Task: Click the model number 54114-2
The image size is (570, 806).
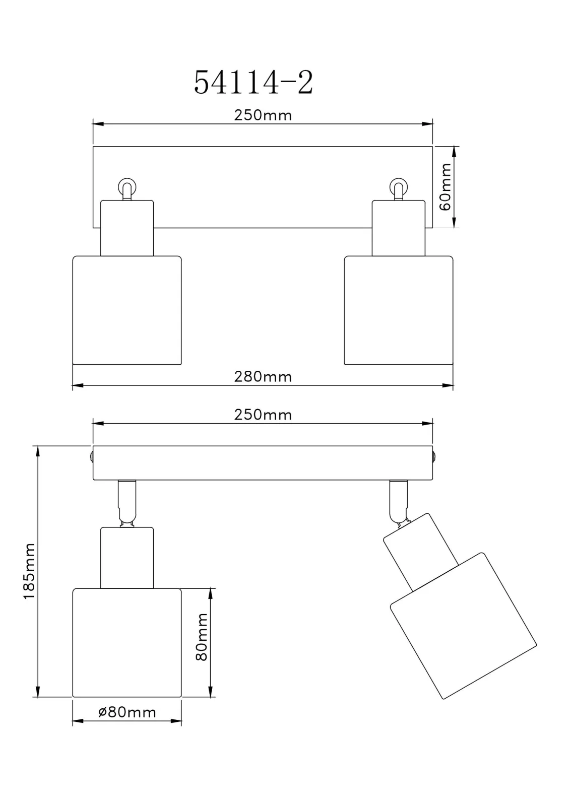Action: click(x=254, y=83)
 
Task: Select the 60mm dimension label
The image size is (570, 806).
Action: click(x=446, y=187)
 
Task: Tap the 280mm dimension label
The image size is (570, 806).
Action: click(x=263, y=377)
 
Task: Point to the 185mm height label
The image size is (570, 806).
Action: click(x=29, y=571)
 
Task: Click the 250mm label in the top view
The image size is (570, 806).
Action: click(x=263, y=115)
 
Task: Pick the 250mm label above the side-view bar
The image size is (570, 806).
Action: click(x=263, y=415)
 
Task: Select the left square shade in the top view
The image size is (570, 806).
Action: click(x=127, y=310)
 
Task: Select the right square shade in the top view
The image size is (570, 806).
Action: click(x=399, y=310)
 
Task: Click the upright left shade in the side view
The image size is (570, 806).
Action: click(x=127, y=643)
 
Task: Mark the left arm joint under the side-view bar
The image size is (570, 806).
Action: click(x=127, y=503)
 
